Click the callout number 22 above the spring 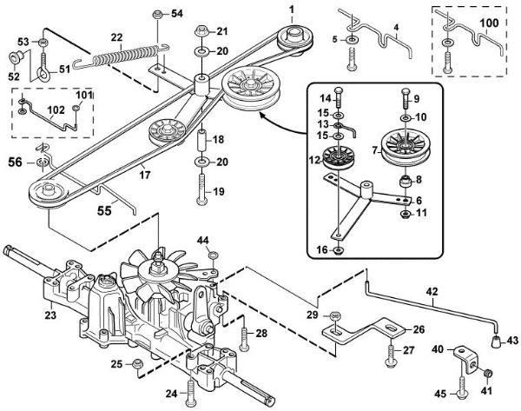[115, 36]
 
